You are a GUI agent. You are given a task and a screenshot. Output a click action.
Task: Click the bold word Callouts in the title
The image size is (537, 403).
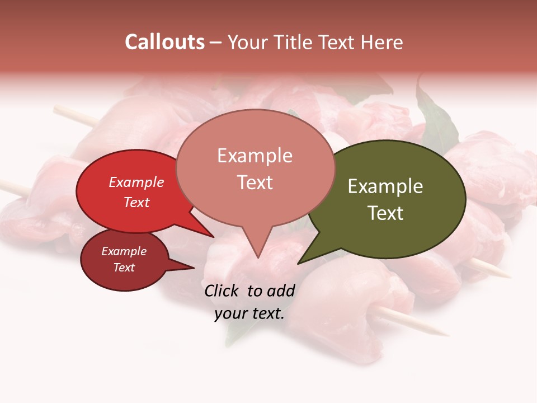164,42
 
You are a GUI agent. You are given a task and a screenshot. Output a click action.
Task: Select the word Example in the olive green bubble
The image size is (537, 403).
385,186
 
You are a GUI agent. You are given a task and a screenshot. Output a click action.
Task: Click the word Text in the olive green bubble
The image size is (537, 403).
385,213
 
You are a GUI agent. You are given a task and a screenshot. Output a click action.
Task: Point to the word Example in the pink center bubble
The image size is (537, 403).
255,156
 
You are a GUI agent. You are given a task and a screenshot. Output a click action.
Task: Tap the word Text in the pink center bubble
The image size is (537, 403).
255,182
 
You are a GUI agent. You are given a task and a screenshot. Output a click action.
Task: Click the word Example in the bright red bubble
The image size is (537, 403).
136,182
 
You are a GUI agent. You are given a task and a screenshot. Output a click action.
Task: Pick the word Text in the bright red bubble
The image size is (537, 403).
136,202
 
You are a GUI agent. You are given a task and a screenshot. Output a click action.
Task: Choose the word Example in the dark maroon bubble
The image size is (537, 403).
124,251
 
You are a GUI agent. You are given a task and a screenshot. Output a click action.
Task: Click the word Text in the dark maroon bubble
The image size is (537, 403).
124,268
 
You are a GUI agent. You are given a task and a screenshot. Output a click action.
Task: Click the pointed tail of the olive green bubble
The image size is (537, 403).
300,262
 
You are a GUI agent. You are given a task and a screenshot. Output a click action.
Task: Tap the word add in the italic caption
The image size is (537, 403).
281,290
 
